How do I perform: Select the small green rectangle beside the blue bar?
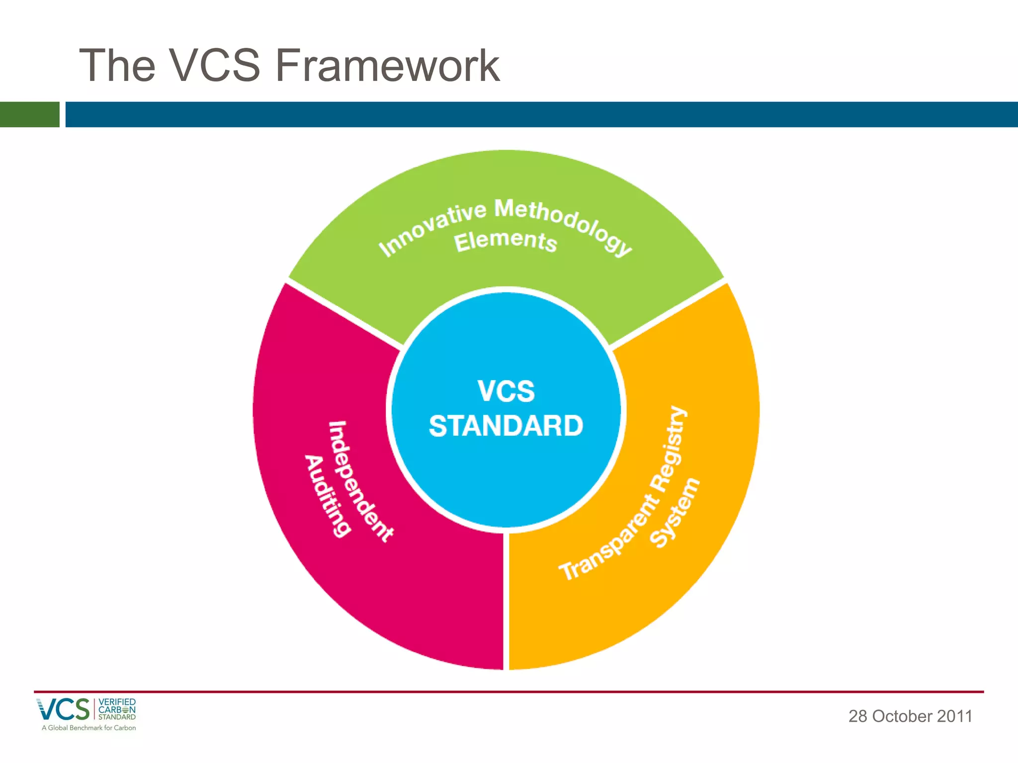point(29,114)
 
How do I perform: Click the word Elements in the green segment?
point(505,241)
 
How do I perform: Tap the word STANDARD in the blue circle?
point(506,426)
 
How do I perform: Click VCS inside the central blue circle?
point(506,391)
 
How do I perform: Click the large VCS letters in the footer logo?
point(63,709)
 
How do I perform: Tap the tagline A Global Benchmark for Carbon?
point(88,728)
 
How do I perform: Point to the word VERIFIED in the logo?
point(117,702)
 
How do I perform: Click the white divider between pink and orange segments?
point(506,601)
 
